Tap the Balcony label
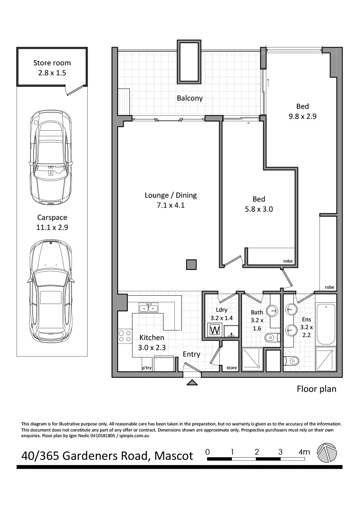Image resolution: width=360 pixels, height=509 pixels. coord(190,98)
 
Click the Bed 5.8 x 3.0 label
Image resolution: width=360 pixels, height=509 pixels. coord(258,204)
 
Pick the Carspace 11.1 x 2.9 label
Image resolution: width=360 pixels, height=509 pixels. coord(52,222)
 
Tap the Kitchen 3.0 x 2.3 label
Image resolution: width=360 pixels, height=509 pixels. coord(152,343)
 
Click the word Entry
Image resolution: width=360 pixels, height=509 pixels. coord(191,354)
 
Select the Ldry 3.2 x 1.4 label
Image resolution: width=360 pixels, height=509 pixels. coord(221,314)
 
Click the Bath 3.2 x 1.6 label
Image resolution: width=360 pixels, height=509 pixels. coord(257,320)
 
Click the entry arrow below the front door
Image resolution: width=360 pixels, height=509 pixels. coord(191,382)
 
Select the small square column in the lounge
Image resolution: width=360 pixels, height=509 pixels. coord(191,264)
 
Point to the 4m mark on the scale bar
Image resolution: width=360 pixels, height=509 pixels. coord(303,453)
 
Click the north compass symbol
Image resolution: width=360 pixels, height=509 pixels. coord(327,453)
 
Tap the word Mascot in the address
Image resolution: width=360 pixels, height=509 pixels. coord(174,456)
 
